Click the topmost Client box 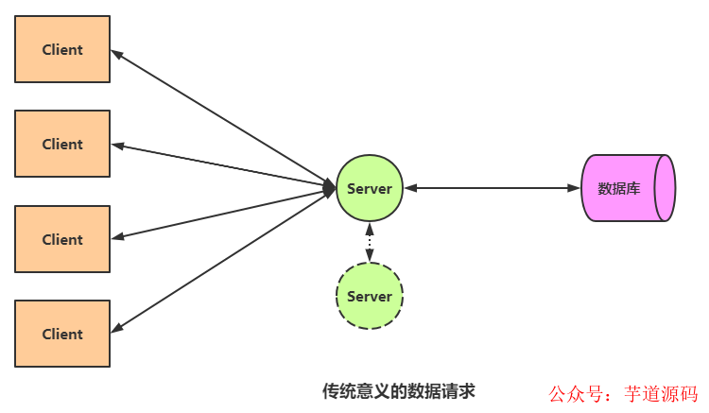click(x=62, y=49)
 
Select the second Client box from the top click(x=62, y=144)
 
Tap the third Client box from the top click(x=62, y=239)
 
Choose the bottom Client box click(x=62, y=334)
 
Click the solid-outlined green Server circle click(x=370, y=188)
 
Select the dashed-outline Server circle click(x=370, y=296)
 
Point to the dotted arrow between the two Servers click(x=370, y=242)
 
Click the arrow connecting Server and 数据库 click(x=492, y=188)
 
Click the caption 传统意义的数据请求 click(x=398, y=389)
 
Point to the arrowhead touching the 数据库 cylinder click(x=574, y=188)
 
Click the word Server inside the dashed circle click(x=370, y=296)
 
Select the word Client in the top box click(x=62, y=49)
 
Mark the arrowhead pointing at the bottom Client click(x=117, y=328)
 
